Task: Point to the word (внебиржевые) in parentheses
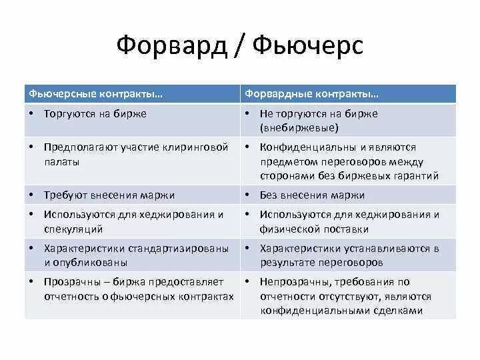click(299, 127)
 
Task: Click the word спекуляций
click(73, 229)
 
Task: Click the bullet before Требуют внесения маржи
click(32, 195)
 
